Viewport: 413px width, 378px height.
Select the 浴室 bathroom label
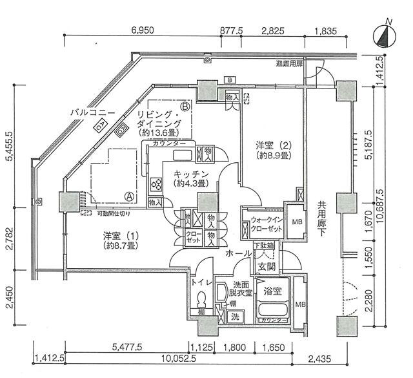coord(271,291)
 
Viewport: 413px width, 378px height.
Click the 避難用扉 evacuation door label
coord(288,64)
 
